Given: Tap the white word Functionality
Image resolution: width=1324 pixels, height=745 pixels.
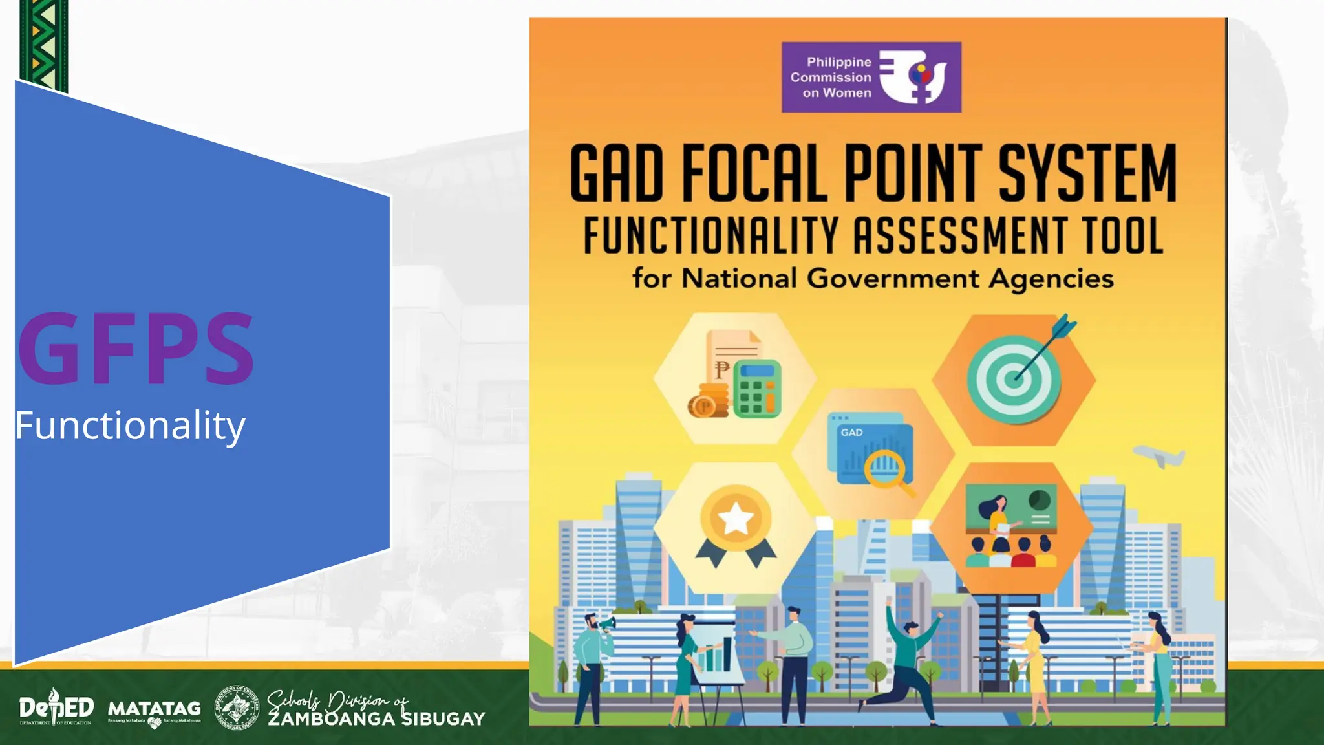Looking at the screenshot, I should click(x=130, y=426).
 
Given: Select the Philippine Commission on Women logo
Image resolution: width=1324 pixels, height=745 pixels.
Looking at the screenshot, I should click(x=871, y=78).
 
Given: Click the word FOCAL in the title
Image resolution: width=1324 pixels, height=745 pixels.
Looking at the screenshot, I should click(x=754, y=173).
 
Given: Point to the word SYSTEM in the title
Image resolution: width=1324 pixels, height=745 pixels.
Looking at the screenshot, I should click(x=1087, y=173).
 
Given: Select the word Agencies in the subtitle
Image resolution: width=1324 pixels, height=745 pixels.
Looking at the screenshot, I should click(x=1051, y=279).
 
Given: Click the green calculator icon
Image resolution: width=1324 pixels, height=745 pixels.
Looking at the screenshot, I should click(x=757, y=389).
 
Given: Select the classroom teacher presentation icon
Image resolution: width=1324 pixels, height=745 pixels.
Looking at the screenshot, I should click(x=1011, y=525).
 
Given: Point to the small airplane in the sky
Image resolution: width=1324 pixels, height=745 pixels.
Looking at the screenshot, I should click(x=1160, y=455).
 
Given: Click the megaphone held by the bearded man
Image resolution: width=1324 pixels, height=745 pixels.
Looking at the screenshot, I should click(x=607, y=625).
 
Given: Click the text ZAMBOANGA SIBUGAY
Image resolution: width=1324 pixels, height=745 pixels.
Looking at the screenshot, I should click(x=376, y=719).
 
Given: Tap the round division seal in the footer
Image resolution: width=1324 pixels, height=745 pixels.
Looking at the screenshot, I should click(x=237, y=708).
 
